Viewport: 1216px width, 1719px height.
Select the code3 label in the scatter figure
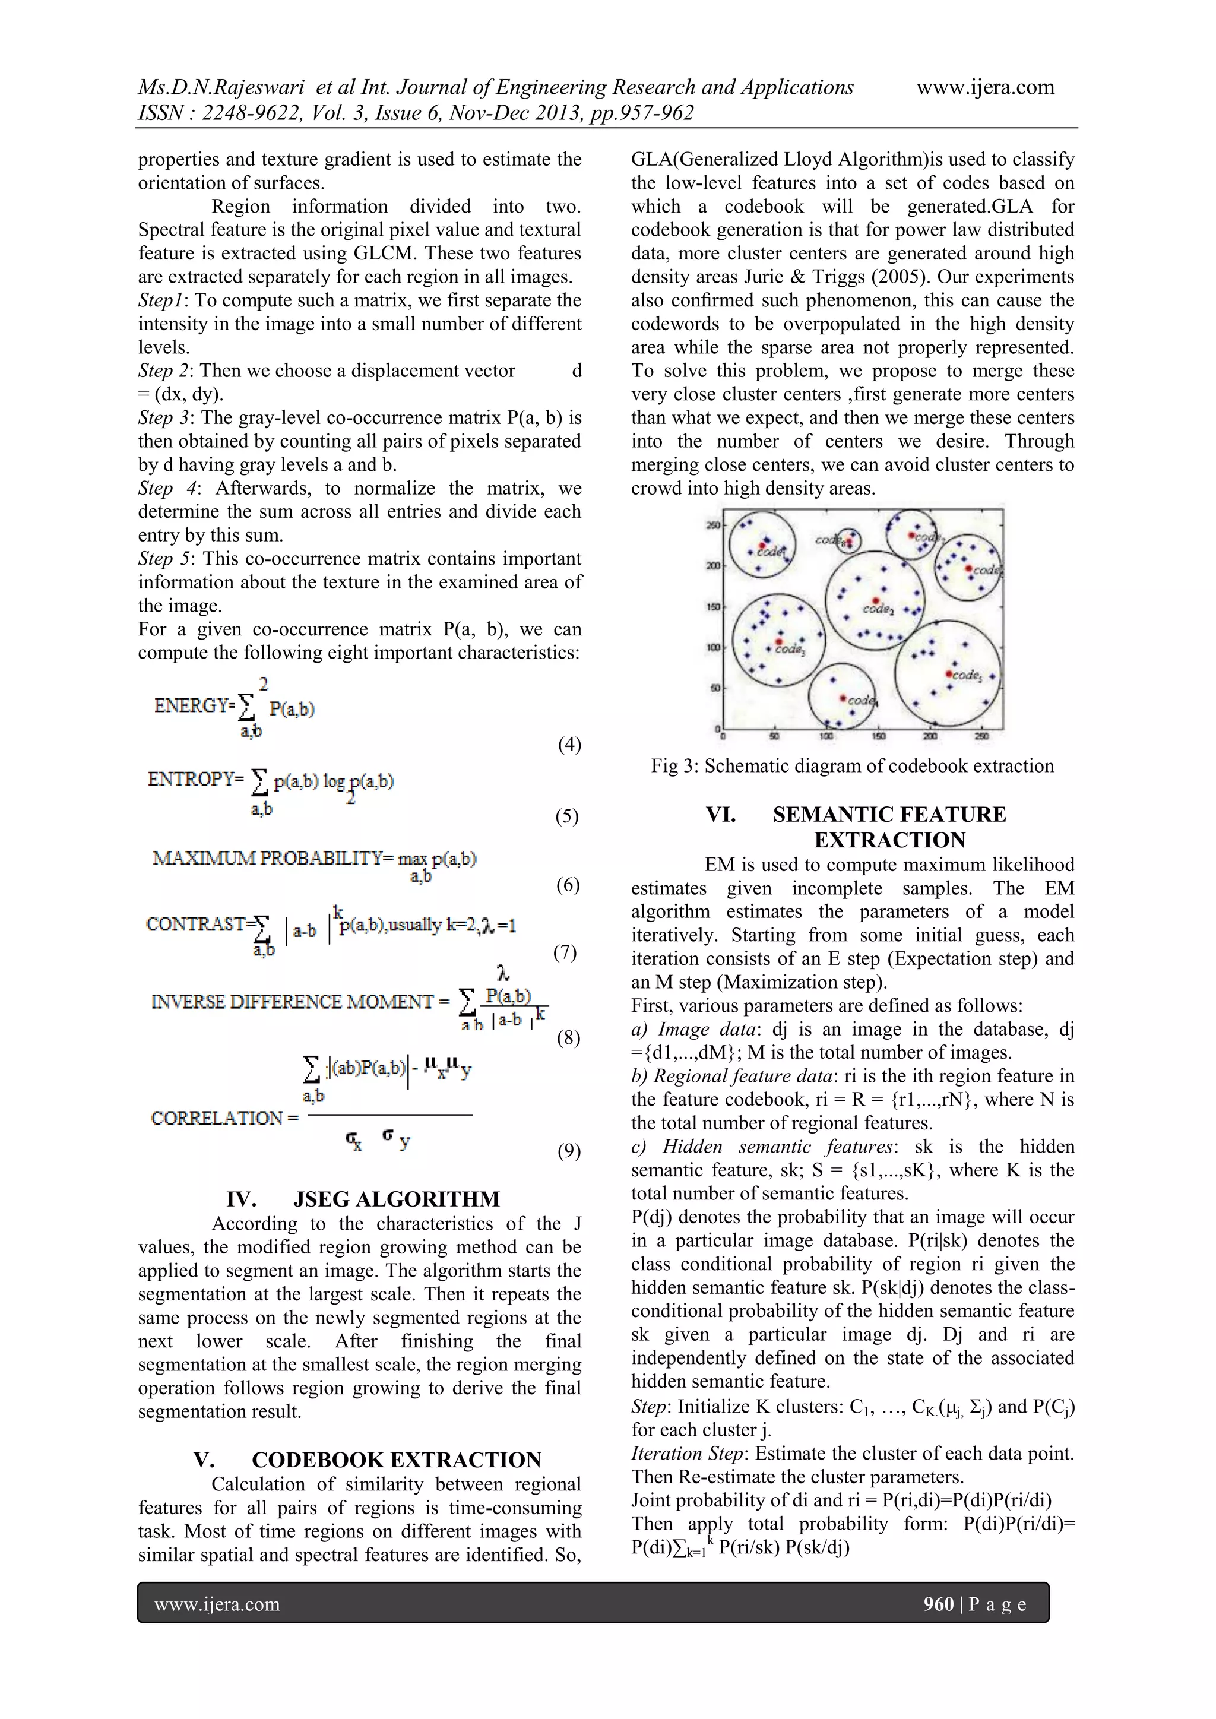(x=790, y=649)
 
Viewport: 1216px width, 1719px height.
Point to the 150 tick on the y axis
(x=713, y=606)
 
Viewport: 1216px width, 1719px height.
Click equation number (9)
(x=569, y=1151)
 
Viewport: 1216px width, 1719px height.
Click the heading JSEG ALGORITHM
(x=396, y=1199)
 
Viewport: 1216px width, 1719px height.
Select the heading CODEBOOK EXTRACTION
(x=396, y=1460)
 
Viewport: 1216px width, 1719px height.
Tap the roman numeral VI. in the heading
(x=720, y=815)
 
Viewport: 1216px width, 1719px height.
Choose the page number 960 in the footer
(x=938, y=1604)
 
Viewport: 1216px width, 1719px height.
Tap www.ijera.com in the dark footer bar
(x=217, y=1604)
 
